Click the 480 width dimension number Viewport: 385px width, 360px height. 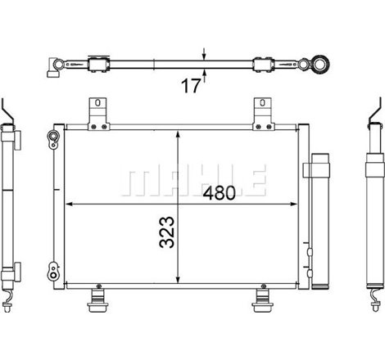(x=219, y=193)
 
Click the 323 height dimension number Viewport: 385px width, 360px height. (x=167, y=232)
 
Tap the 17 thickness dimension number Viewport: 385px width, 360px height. (x=191, y=86)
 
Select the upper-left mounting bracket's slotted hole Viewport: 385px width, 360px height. (x=98, y=103)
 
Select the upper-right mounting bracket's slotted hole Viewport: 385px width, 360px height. (x=262, y=103)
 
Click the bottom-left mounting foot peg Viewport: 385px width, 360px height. (x=98, y=301)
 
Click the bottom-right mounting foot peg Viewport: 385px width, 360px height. (x=263, y=301)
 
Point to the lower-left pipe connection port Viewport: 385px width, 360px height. (x=53, y=272)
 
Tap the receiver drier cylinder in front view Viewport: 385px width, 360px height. (x=320, y=221)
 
